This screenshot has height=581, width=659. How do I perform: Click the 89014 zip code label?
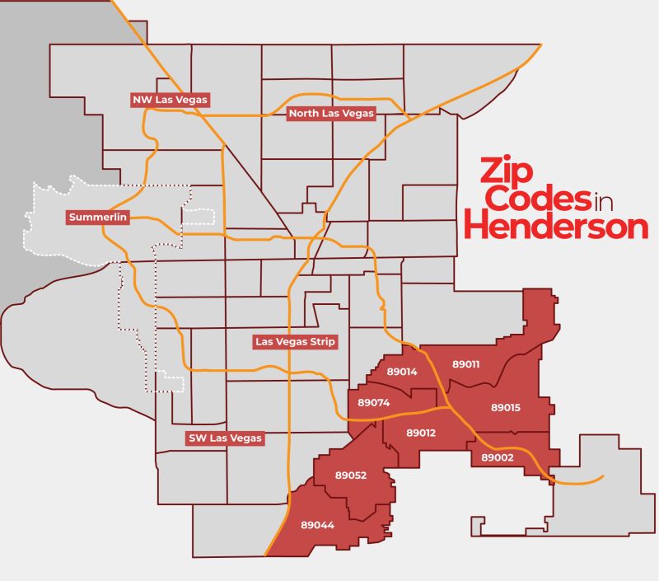[401, 372]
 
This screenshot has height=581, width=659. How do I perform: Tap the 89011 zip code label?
[466, 363]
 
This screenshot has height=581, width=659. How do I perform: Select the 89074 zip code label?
[373, 403]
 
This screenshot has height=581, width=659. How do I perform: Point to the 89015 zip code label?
[505, 407]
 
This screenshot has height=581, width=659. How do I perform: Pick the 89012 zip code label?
[421, 433]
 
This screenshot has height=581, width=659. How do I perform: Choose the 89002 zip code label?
[498, 457]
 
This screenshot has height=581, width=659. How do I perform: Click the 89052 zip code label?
[351, 476]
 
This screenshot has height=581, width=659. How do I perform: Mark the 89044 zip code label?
[316, 524]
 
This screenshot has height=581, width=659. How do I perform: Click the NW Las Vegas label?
[171, 100]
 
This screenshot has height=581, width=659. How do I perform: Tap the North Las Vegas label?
[331, 114]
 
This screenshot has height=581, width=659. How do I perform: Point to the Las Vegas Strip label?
[296, 341]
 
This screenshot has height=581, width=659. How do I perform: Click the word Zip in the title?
[505, 173]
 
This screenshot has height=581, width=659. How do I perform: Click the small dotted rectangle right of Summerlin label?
[199, 216]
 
